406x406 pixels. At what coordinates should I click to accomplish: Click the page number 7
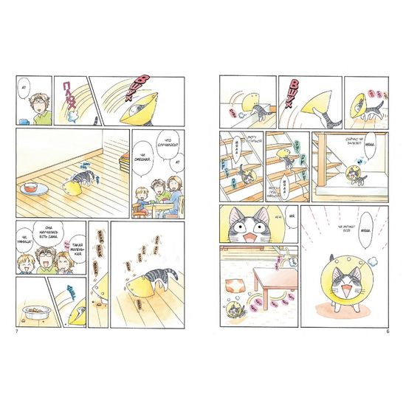[16, 328]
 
